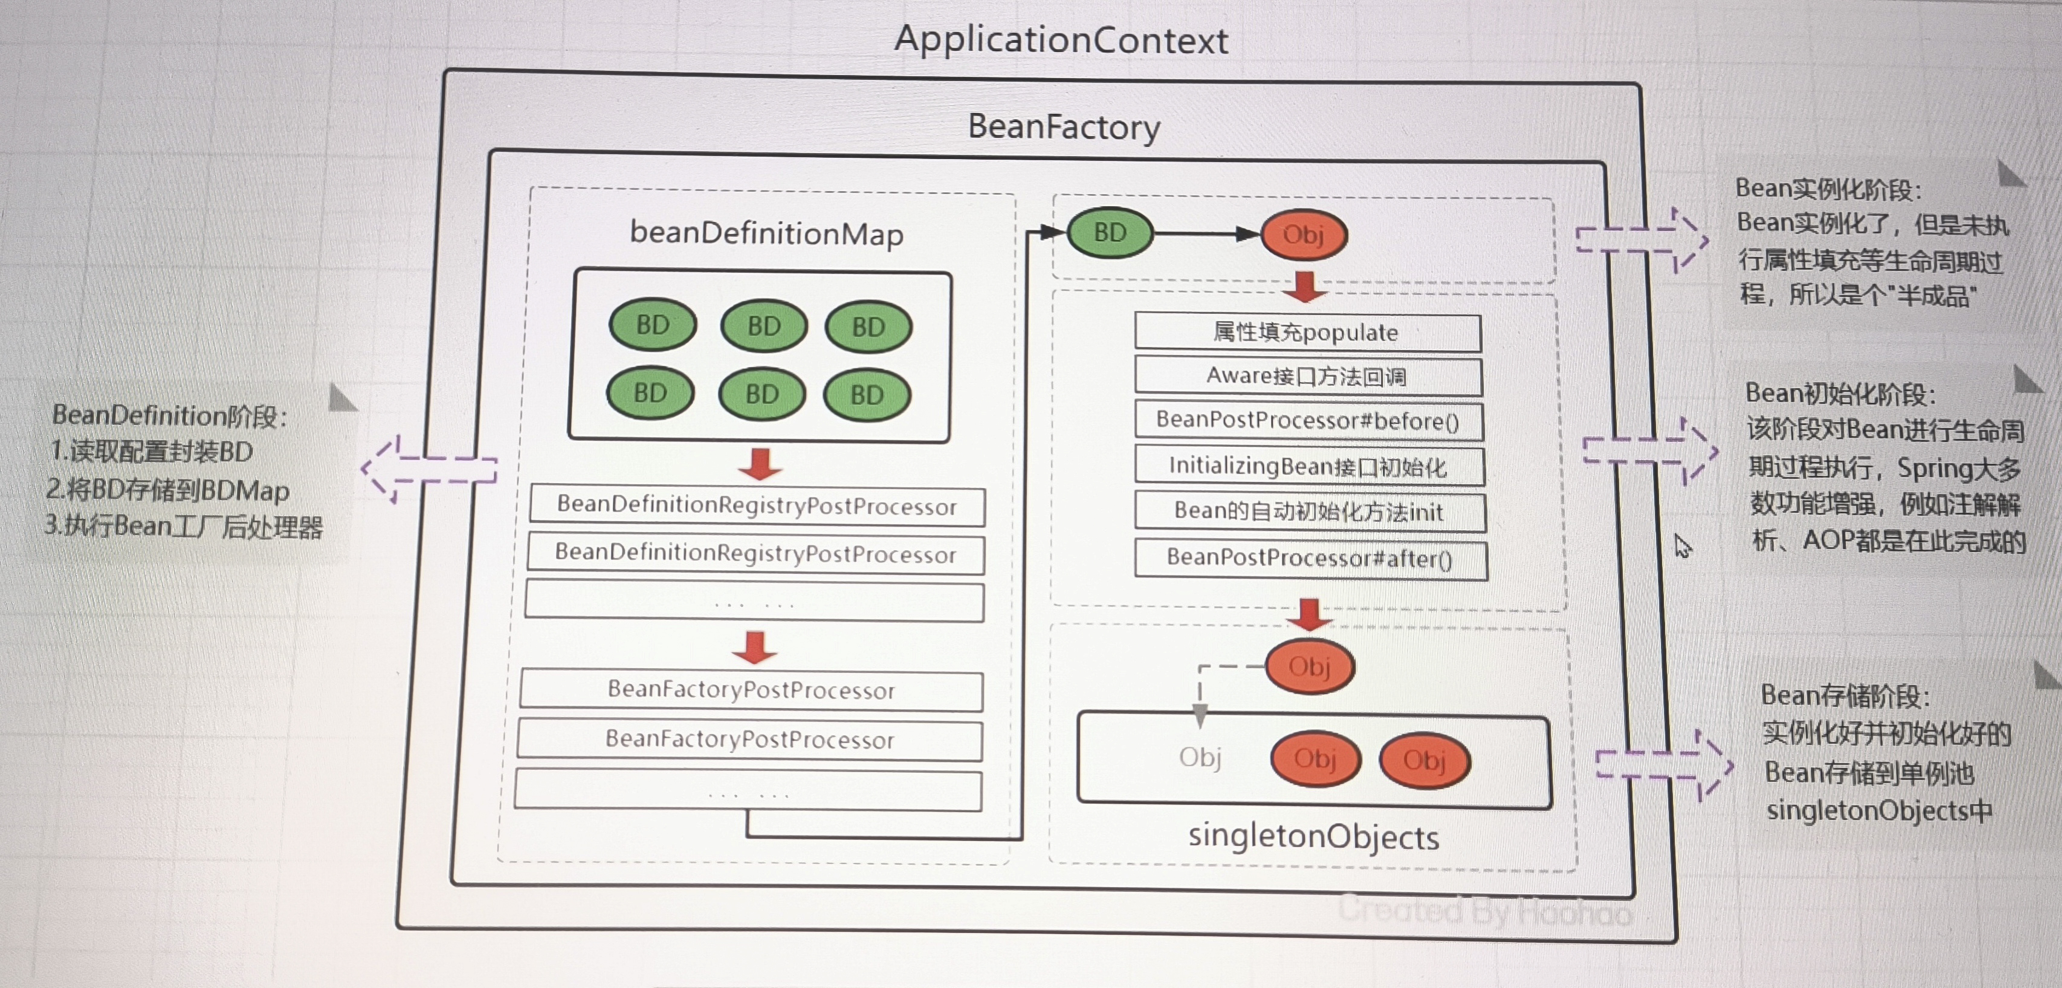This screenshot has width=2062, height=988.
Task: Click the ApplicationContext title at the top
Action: (x=1061, y=40)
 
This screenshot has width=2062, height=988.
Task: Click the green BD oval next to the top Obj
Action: (x=1110, y=233)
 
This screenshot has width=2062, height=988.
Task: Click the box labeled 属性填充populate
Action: (x=1307, y=332)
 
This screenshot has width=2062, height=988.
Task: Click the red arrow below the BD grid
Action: (x=760, y=464)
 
